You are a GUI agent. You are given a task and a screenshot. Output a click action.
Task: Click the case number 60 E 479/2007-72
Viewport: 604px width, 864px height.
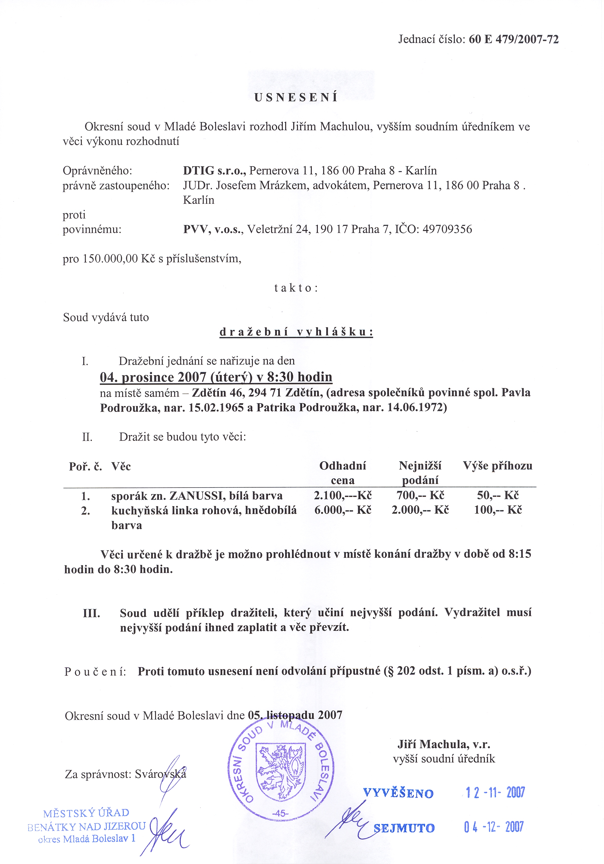[514, 39]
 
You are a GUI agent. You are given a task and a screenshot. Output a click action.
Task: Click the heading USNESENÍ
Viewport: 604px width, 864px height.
[296, 98]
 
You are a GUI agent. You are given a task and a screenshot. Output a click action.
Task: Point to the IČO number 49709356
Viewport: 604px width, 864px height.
[447, 229]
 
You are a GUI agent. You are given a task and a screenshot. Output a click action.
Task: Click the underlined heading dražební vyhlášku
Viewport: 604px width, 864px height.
[296, 332]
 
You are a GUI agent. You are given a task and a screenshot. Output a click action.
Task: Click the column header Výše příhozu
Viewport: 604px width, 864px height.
[497, 466]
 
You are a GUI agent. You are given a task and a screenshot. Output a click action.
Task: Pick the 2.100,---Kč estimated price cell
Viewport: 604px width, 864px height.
[343, 495]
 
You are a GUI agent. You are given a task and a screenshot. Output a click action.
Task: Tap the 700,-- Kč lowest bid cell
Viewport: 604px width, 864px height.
[420, 495]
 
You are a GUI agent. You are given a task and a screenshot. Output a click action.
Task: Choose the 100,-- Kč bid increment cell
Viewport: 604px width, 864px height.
[498, 510]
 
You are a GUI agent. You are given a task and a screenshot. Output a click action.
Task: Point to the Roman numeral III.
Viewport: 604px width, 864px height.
[91, 613]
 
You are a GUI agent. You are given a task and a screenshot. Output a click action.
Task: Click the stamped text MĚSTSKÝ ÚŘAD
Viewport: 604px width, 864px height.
[86, 813]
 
